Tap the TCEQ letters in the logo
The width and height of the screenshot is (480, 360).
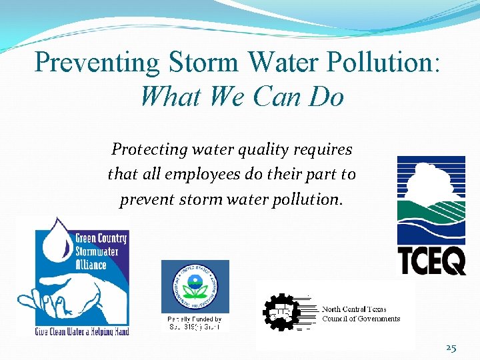click(x=431, y=260)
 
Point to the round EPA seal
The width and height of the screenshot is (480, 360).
click(x=195, y=287)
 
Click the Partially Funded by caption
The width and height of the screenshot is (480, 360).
click(x=195, y=320)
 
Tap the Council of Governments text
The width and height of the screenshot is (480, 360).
click(x=361, y=319)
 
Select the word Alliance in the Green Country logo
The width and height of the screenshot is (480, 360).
click(x=91, y=265)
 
